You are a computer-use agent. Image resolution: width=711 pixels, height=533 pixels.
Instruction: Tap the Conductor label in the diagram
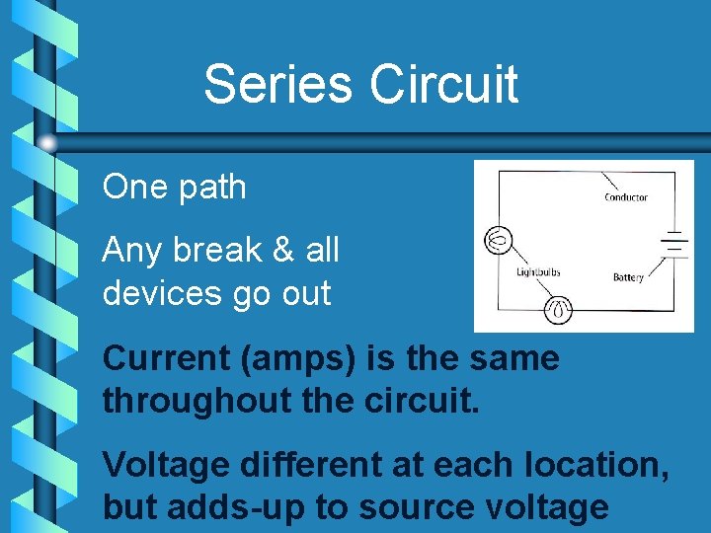pyautogui.click(x=626, y=197)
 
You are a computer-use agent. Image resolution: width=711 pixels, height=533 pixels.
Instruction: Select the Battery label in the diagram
pyautogui.click(x=628, y=277)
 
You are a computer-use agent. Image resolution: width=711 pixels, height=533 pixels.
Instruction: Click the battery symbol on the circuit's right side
pyautogui.click(x=674, y=243)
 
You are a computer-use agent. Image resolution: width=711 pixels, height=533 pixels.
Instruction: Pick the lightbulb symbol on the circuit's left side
pyautogui.click(x=497, y=240)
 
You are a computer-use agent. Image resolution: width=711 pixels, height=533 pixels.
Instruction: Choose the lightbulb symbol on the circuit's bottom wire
pyautogui.click(x=559, y=310)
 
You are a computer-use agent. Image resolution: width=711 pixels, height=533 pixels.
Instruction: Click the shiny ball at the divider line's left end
pyautogui.click(x=47, y=143)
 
